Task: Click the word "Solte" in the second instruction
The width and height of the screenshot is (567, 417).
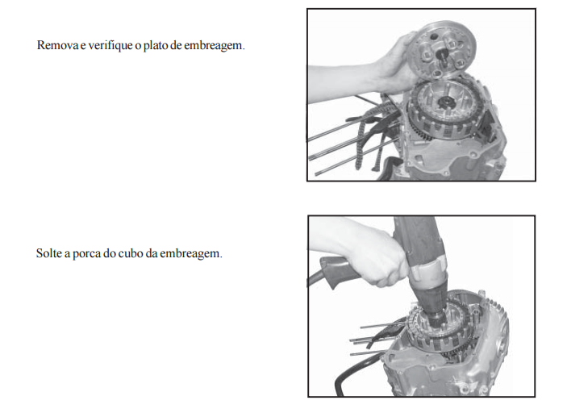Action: coord(49,253)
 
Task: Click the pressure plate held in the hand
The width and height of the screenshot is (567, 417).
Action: coord(441,49)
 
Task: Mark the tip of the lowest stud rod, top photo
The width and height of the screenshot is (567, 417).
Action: coord(316,175)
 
